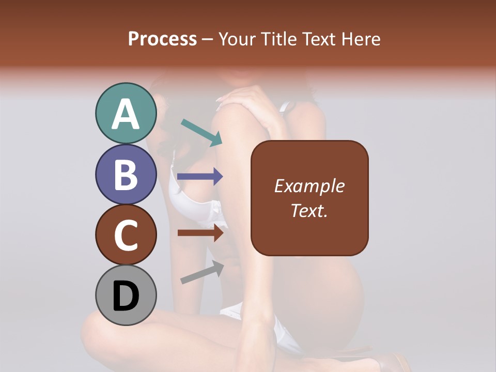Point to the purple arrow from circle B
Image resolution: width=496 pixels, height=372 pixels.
pyautogui.click(x=200, y=177)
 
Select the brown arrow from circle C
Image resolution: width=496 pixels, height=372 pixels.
pyautogui.click(x=200, y=233)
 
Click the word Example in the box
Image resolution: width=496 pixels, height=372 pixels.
pyautogui.click(x=309, y=187)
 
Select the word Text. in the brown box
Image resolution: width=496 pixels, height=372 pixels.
pyautogui.click(x=309, y=210)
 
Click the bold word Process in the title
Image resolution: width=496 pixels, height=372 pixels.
pyautogui.click(x=162, y=39)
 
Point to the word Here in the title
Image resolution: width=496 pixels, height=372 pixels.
pyautogui.click(x=361, y=39)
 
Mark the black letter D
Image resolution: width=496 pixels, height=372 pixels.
pyautogui.click(x=126, y=296)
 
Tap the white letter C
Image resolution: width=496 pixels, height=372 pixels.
pyautogui.click(x=126, y=235)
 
